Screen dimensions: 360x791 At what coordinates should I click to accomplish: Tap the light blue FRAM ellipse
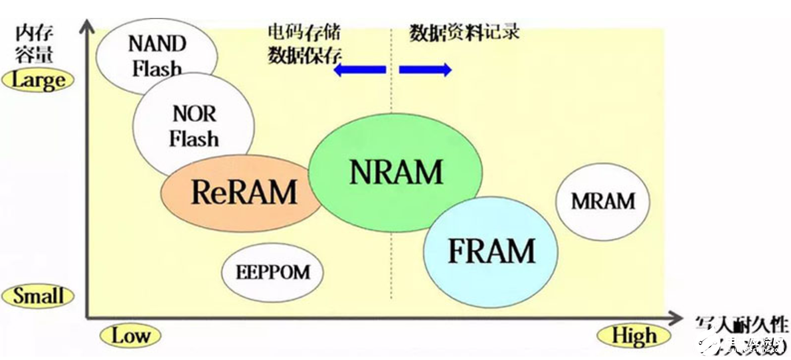pos(491,251)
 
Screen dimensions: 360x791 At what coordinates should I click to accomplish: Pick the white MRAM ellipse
pos(602,201)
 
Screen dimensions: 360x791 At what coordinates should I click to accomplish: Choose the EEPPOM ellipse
pos(272,272)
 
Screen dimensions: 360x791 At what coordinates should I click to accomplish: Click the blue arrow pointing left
pos(359,70)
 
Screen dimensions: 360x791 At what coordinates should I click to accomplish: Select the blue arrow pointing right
pos(426,70)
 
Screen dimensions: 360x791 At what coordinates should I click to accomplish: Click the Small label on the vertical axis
pos(38,296)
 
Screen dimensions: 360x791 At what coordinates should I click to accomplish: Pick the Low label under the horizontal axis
pos(130,336)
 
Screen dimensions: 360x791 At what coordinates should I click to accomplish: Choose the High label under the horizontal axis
pos(634,336)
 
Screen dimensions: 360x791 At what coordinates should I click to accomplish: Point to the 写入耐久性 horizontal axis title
pos(741,324)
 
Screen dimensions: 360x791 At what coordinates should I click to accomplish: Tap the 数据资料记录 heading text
pos(464,32)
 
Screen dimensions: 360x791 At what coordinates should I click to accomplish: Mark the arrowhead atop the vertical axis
pos(86,29)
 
